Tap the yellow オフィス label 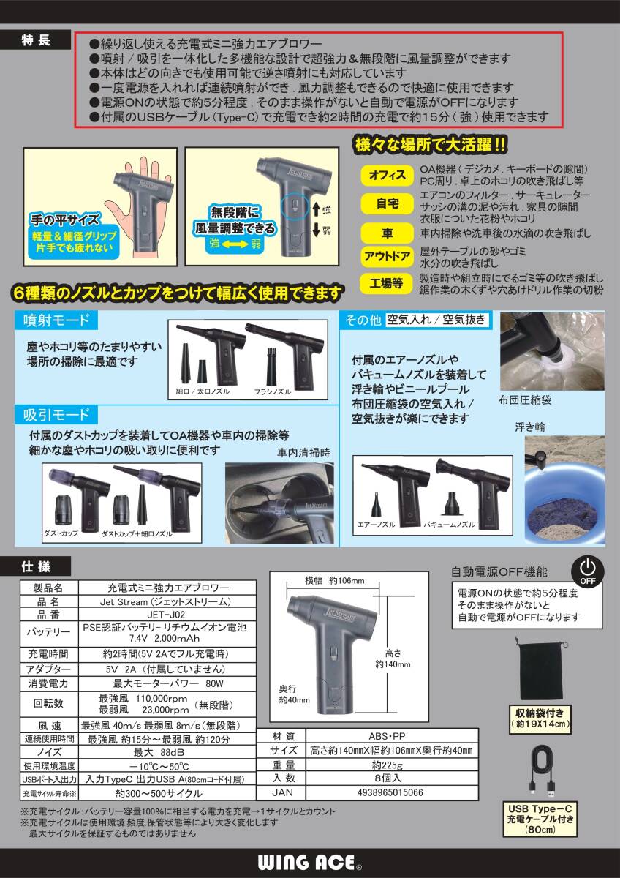(x=387, y=176)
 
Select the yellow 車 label (x=387, y=233)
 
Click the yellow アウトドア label (x=387, y=257)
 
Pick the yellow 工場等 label (x=387, y=282)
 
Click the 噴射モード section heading (x=58, y=320)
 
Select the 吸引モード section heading (x=58, y=416)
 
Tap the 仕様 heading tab (x=36, y=566)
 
